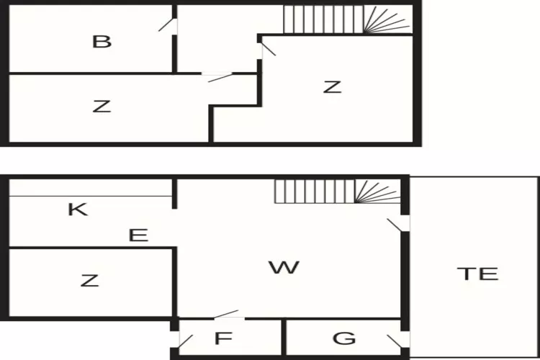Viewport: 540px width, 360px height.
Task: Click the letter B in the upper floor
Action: click(x=102, y=41)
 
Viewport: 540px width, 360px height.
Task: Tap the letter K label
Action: click(x=77, y=210)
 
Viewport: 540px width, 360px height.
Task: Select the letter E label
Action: click(x=138, y=235)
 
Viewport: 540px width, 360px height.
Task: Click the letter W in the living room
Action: click(x=284, y=268)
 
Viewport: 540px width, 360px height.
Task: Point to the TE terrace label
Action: click(x=477, y=274)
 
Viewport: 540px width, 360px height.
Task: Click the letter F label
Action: click(x=225, y=338)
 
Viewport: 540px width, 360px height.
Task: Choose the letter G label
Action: click(x=345, y=338)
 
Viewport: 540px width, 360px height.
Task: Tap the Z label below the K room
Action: click(x=89, y=281)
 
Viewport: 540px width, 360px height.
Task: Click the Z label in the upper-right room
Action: click(x=331, y=88)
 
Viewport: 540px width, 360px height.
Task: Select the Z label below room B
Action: click(x=102, y=107)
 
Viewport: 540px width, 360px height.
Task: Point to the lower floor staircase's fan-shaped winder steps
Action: click(x=378, y=192)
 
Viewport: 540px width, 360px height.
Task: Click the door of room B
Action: click(x=168, y=25)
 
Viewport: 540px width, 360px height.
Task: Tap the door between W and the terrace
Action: click(x=397, y=225)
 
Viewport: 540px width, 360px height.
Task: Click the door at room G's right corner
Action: click(x=396, y=341)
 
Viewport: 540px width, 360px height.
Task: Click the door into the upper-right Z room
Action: click(x=267, y=48)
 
